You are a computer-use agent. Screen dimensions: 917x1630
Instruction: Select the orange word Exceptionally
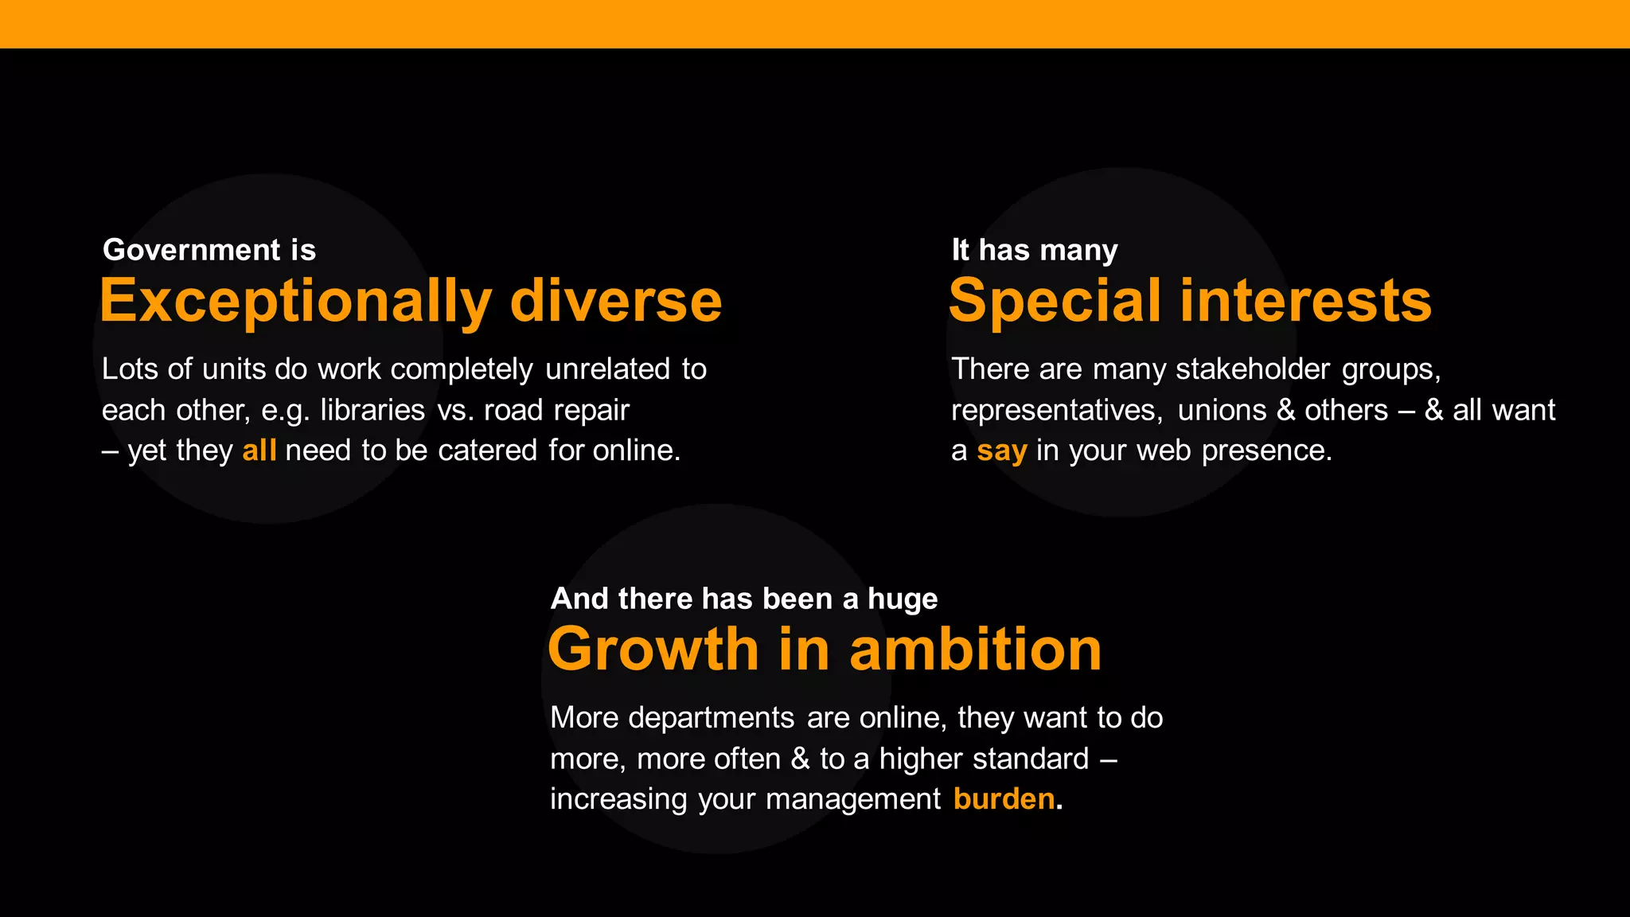[x=295, y=302]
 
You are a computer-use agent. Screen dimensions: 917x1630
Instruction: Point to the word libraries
[x=372, y=410]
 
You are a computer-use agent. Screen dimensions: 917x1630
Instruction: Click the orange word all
[x=259, y=451]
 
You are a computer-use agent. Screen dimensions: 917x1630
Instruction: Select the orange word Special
[x=1055, y=302]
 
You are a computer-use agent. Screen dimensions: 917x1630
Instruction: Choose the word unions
[x=1222, y=410]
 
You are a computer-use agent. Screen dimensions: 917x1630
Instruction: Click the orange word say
[x=1002, y=451]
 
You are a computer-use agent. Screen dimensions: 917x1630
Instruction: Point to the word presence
[x=1266, y=451]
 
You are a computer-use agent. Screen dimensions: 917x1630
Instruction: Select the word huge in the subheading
[x=903, y=599]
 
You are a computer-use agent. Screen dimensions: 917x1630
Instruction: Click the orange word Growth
[x=653, y=650]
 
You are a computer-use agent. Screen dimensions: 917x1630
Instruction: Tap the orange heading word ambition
[x=976, y=650]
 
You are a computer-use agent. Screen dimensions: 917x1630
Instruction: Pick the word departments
[x=712, y=718]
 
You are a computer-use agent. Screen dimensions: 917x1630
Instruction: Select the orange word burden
[x=1004, y=798]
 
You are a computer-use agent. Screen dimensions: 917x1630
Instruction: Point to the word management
[x=853, y=799]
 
